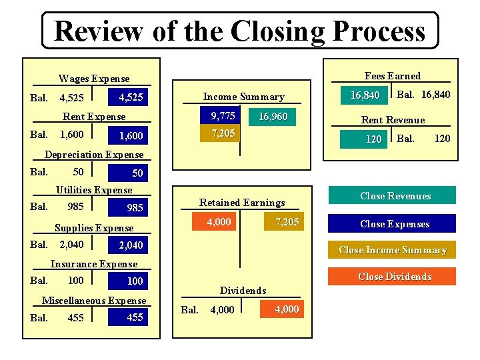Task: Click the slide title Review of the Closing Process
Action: (x=240, y=31)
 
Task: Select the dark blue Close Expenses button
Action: (x=395, y=224)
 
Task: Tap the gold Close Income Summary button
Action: (x=393, y=250)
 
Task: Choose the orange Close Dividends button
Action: (x=395, y=277)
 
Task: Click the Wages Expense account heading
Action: (x=94, y=79)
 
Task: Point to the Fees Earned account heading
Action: (x=393, y=76)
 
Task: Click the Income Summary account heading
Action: (x=243, y=97)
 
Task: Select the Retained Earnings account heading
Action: (x=242, y=203)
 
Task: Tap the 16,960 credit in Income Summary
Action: (x=273, y=117)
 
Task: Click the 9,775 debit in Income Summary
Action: (x=223, y=117)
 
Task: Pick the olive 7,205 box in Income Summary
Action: (x=223, y=133)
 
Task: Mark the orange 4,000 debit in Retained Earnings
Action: (x=219, y=222)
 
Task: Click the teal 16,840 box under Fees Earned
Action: (x=365, y=95)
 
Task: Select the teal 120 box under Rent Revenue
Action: (x=365, y=139)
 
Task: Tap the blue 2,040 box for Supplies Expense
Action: (x=131, y=245)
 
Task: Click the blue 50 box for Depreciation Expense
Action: (x=131, y=173)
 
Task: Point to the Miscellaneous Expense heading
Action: (x=94, y=301)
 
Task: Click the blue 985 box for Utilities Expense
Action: (x=131, y=208)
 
